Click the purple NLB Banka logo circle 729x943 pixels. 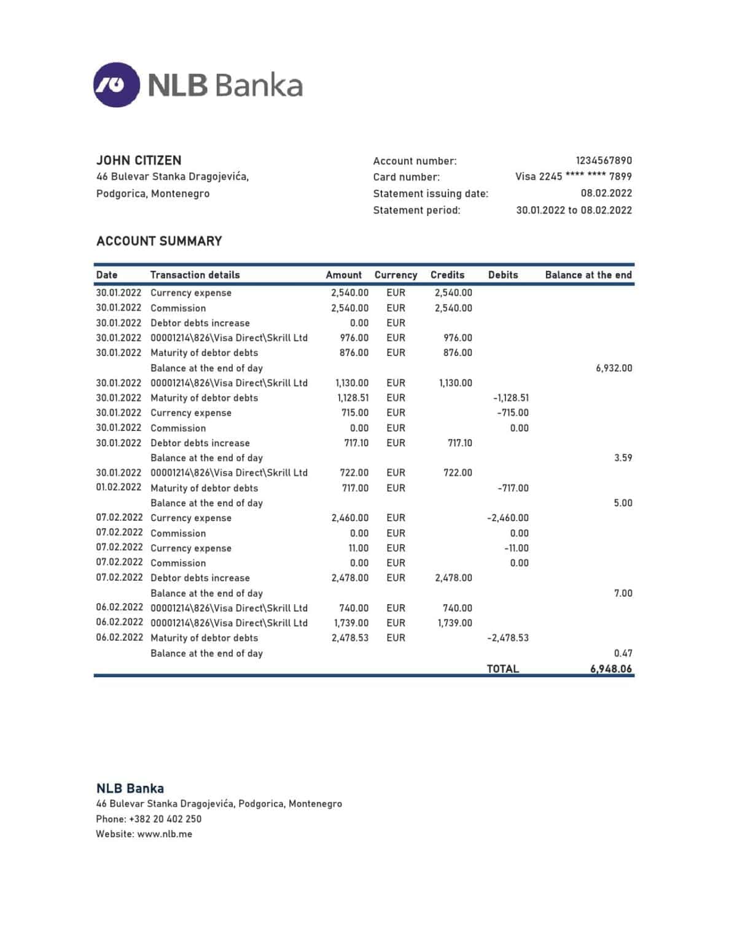click(117, 85)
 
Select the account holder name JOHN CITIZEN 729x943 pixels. click(139, 160)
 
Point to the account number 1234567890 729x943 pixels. click(603, 160)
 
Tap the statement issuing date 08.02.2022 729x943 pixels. click(606, 193)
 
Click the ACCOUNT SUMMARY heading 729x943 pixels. click(159, 241)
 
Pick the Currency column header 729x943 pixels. click(396, 275)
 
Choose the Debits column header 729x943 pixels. click(502, 275)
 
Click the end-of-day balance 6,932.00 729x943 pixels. click(614, 368)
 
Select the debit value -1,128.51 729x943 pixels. click(510, 398)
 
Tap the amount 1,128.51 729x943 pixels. click(353, 398)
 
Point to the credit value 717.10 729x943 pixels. click(459, 443)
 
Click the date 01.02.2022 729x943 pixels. click(119, 487)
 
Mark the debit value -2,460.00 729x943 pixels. click(507, 518)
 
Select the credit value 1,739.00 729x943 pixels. click(454, 623)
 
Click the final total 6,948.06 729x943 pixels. click(610, 669)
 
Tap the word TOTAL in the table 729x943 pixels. click(502, 669)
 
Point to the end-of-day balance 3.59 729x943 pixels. click(623, 458)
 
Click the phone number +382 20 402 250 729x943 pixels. click(165, 818)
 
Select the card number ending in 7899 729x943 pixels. click(573, 177)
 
